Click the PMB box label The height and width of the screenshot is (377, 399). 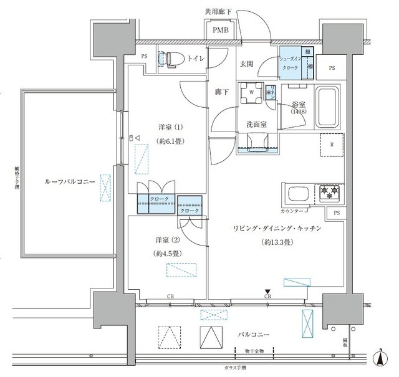219,30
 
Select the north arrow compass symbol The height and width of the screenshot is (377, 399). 380,358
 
